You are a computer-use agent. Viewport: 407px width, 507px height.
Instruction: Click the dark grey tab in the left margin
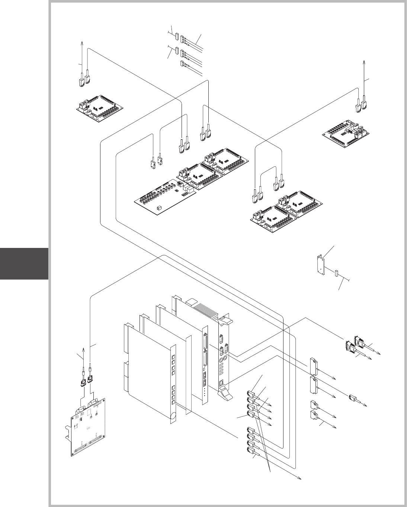(24, 264)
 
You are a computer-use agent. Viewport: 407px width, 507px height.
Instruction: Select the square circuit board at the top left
(99, 109)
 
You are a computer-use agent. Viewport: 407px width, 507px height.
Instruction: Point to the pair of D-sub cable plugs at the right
(355, 344)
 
